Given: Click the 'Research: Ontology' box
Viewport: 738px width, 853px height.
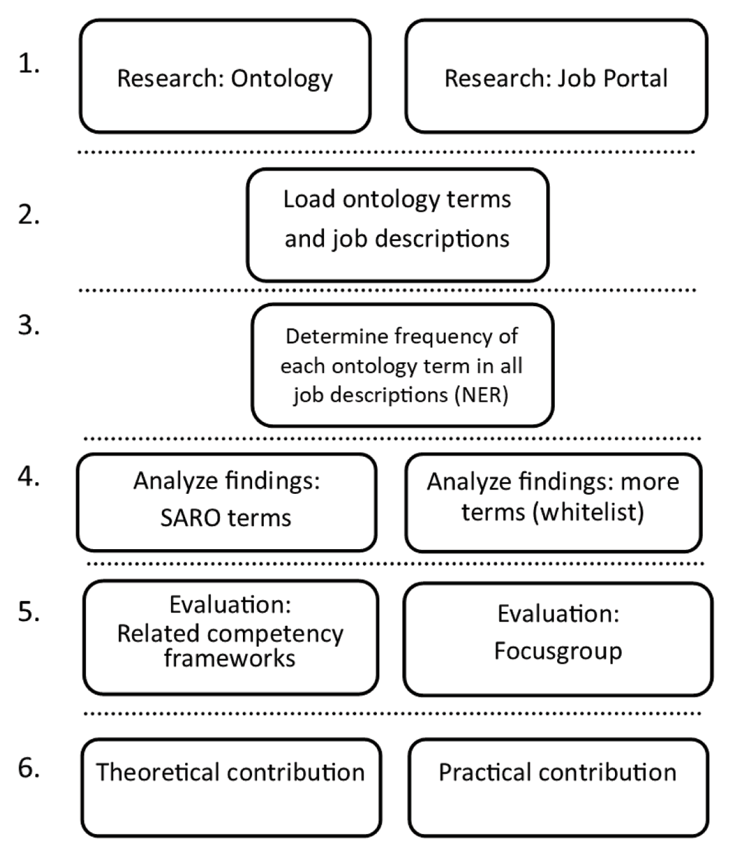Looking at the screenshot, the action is (x=225, y=76).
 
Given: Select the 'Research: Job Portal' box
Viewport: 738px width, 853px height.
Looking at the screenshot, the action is (x=556, y=76).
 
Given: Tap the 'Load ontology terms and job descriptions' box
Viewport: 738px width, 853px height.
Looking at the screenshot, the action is (x=397, y=225).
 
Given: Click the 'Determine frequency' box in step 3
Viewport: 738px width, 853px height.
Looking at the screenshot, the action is (x=402, y=366).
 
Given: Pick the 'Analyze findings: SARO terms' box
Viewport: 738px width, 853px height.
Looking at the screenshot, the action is (x=226, y=502).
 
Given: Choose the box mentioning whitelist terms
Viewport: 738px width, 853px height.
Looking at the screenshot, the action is (x=553, y=502).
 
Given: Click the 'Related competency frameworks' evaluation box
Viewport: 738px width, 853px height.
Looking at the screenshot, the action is (x=231, y=638).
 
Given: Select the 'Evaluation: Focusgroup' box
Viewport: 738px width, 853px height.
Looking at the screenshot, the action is (x=558, y=640).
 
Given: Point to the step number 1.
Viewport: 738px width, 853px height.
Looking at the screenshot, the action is (x=29, y=65).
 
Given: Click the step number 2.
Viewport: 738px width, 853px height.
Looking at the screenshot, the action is (x=29, y=215).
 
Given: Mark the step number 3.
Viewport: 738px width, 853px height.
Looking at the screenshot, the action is (x=29, y=325).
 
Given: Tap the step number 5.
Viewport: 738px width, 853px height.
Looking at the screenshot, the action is (x=29, y=611).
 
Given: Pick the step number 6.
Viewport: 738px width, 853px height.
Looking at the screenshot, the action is (x=29, y=768).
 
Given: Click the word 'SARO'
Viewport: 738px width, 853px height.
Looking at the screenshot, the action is (x=191, y=518).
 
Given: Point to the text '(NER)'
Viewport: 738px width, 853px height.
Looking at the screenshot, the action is (x=482, y=395).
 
